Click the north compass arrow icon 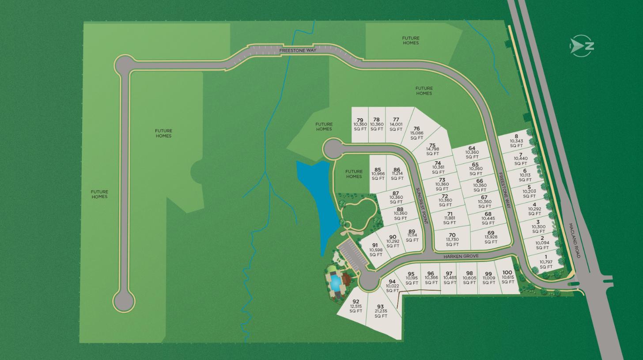pos(582,45)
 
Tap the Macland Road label pos(574,241)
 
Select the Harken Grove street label pos(461,256)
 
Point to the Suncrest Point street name pos(422,205)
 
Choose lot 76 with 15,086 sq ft pos(416,133)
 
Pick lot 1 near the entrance pos(546,262)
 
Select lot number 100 pos(507,277)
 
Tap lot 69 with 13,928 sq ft pos(491,237)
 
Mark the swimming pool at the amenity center pos(335,281)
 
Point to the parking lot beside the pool pos(353,255)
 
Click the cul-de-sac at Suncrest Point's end pos(333,149)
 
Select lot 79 pos(360,124)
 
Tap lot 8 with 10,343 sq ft pos(516,141)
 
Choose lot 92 pos(356,306)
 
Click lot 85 pos(378,174)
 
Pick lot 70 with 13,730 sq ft pos(452,239)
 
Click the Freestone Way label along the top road pos(298,51)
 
